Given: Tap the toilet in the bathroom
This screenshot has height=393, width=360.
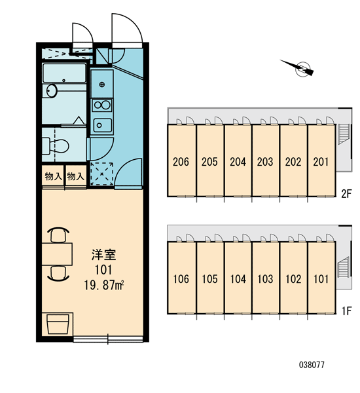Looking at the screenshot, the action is click(56, 145).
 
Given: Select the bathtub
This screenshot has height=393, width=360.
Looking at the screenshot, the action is click(64, 73).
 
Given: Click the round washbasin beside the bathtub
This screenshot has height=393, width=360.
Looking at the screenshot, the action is click(52, 91).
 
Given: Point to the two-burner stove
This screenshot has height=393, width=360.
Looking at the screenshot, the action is click(102, 105).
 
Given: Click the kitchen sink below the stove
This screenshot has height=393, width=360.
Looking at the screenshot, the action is click(103, 125).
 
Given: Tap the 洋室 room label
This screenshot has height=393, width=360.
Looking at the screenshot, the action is click(103, 255).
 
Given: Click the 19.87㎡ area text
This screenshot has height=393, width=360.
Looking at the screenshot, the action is click(104, 285).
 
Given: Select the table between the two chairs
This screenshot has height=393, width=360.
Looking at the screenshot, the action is click(57, 254).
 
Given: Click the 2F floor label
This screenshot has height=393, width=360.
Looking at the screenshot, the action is click(347, 194).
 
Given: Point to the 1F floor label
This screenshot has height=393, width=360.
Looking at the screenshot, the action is click(347, 311).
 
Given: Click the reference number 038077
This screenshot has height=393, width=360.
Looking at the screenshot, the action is click(312, 365).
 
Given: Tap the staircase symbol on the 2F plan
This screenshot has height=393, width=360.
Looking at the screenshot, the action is click(344, 134).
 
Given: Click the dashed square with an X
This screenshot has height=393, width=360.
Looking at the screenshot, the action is click(101, 174).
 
